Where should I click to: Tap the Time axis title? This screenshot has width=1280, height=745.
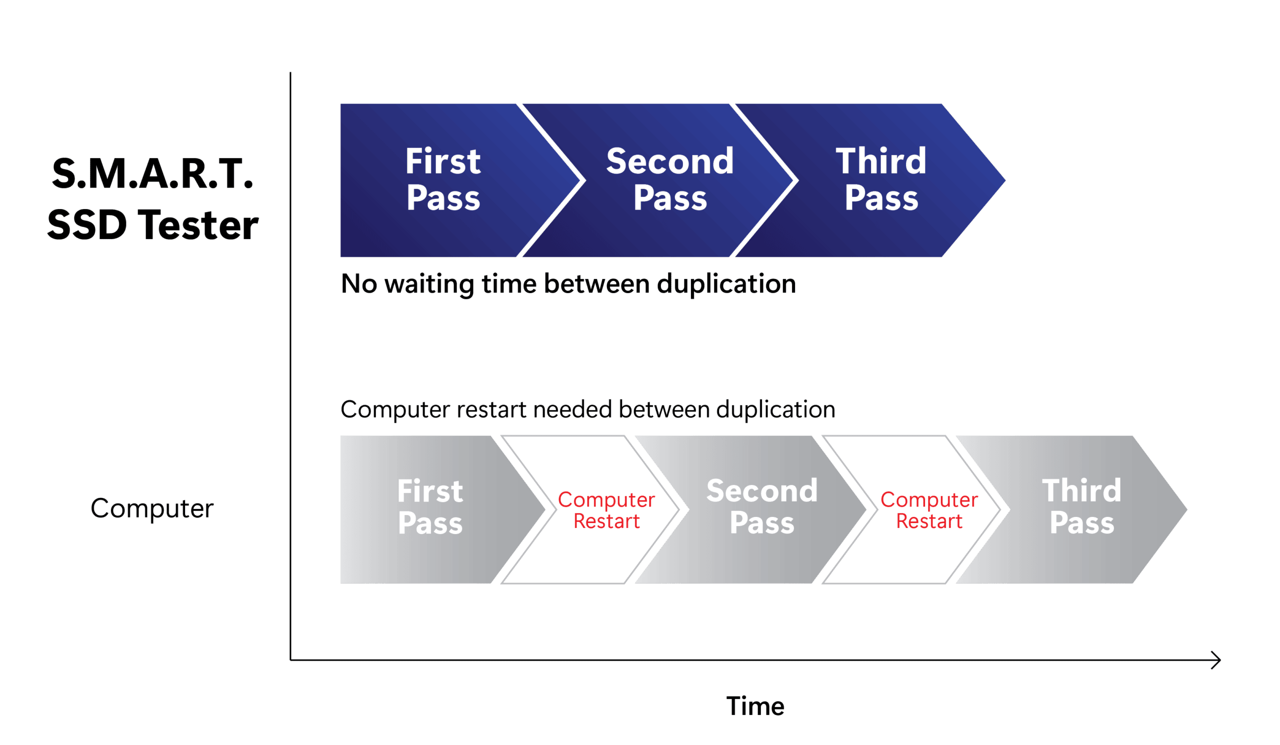755,706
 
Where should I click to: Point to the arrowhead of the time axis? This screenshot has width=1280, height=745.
1220,660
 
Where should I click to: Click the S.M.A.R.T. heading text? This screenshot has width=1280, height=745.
152,173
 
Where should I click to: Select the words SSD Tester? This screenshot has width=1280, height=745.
153,225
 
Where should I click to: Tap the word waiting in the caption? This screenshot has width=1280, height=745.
429,284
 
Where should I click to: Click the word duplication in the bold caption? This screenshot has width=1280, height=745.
726,284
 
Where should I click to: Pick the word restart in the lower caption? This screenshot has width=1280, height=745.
491,410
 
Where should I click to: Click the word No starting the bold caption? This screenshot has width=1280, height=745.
359,284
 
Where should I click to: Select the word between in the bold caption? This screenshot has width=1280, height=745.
597,284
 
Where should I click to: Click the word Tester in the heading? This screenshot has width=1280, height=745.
200,225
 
